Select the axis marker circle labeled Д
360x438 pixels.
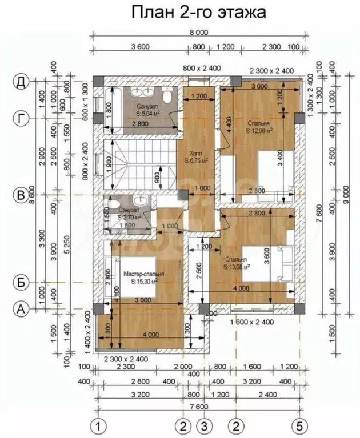pos(21,83)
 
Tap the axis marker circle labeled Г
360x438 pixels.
pos(21,118)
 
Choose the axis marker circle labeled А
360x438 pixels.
pos(21,309)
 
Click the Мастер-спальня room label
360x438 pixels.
pos(144,275)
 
